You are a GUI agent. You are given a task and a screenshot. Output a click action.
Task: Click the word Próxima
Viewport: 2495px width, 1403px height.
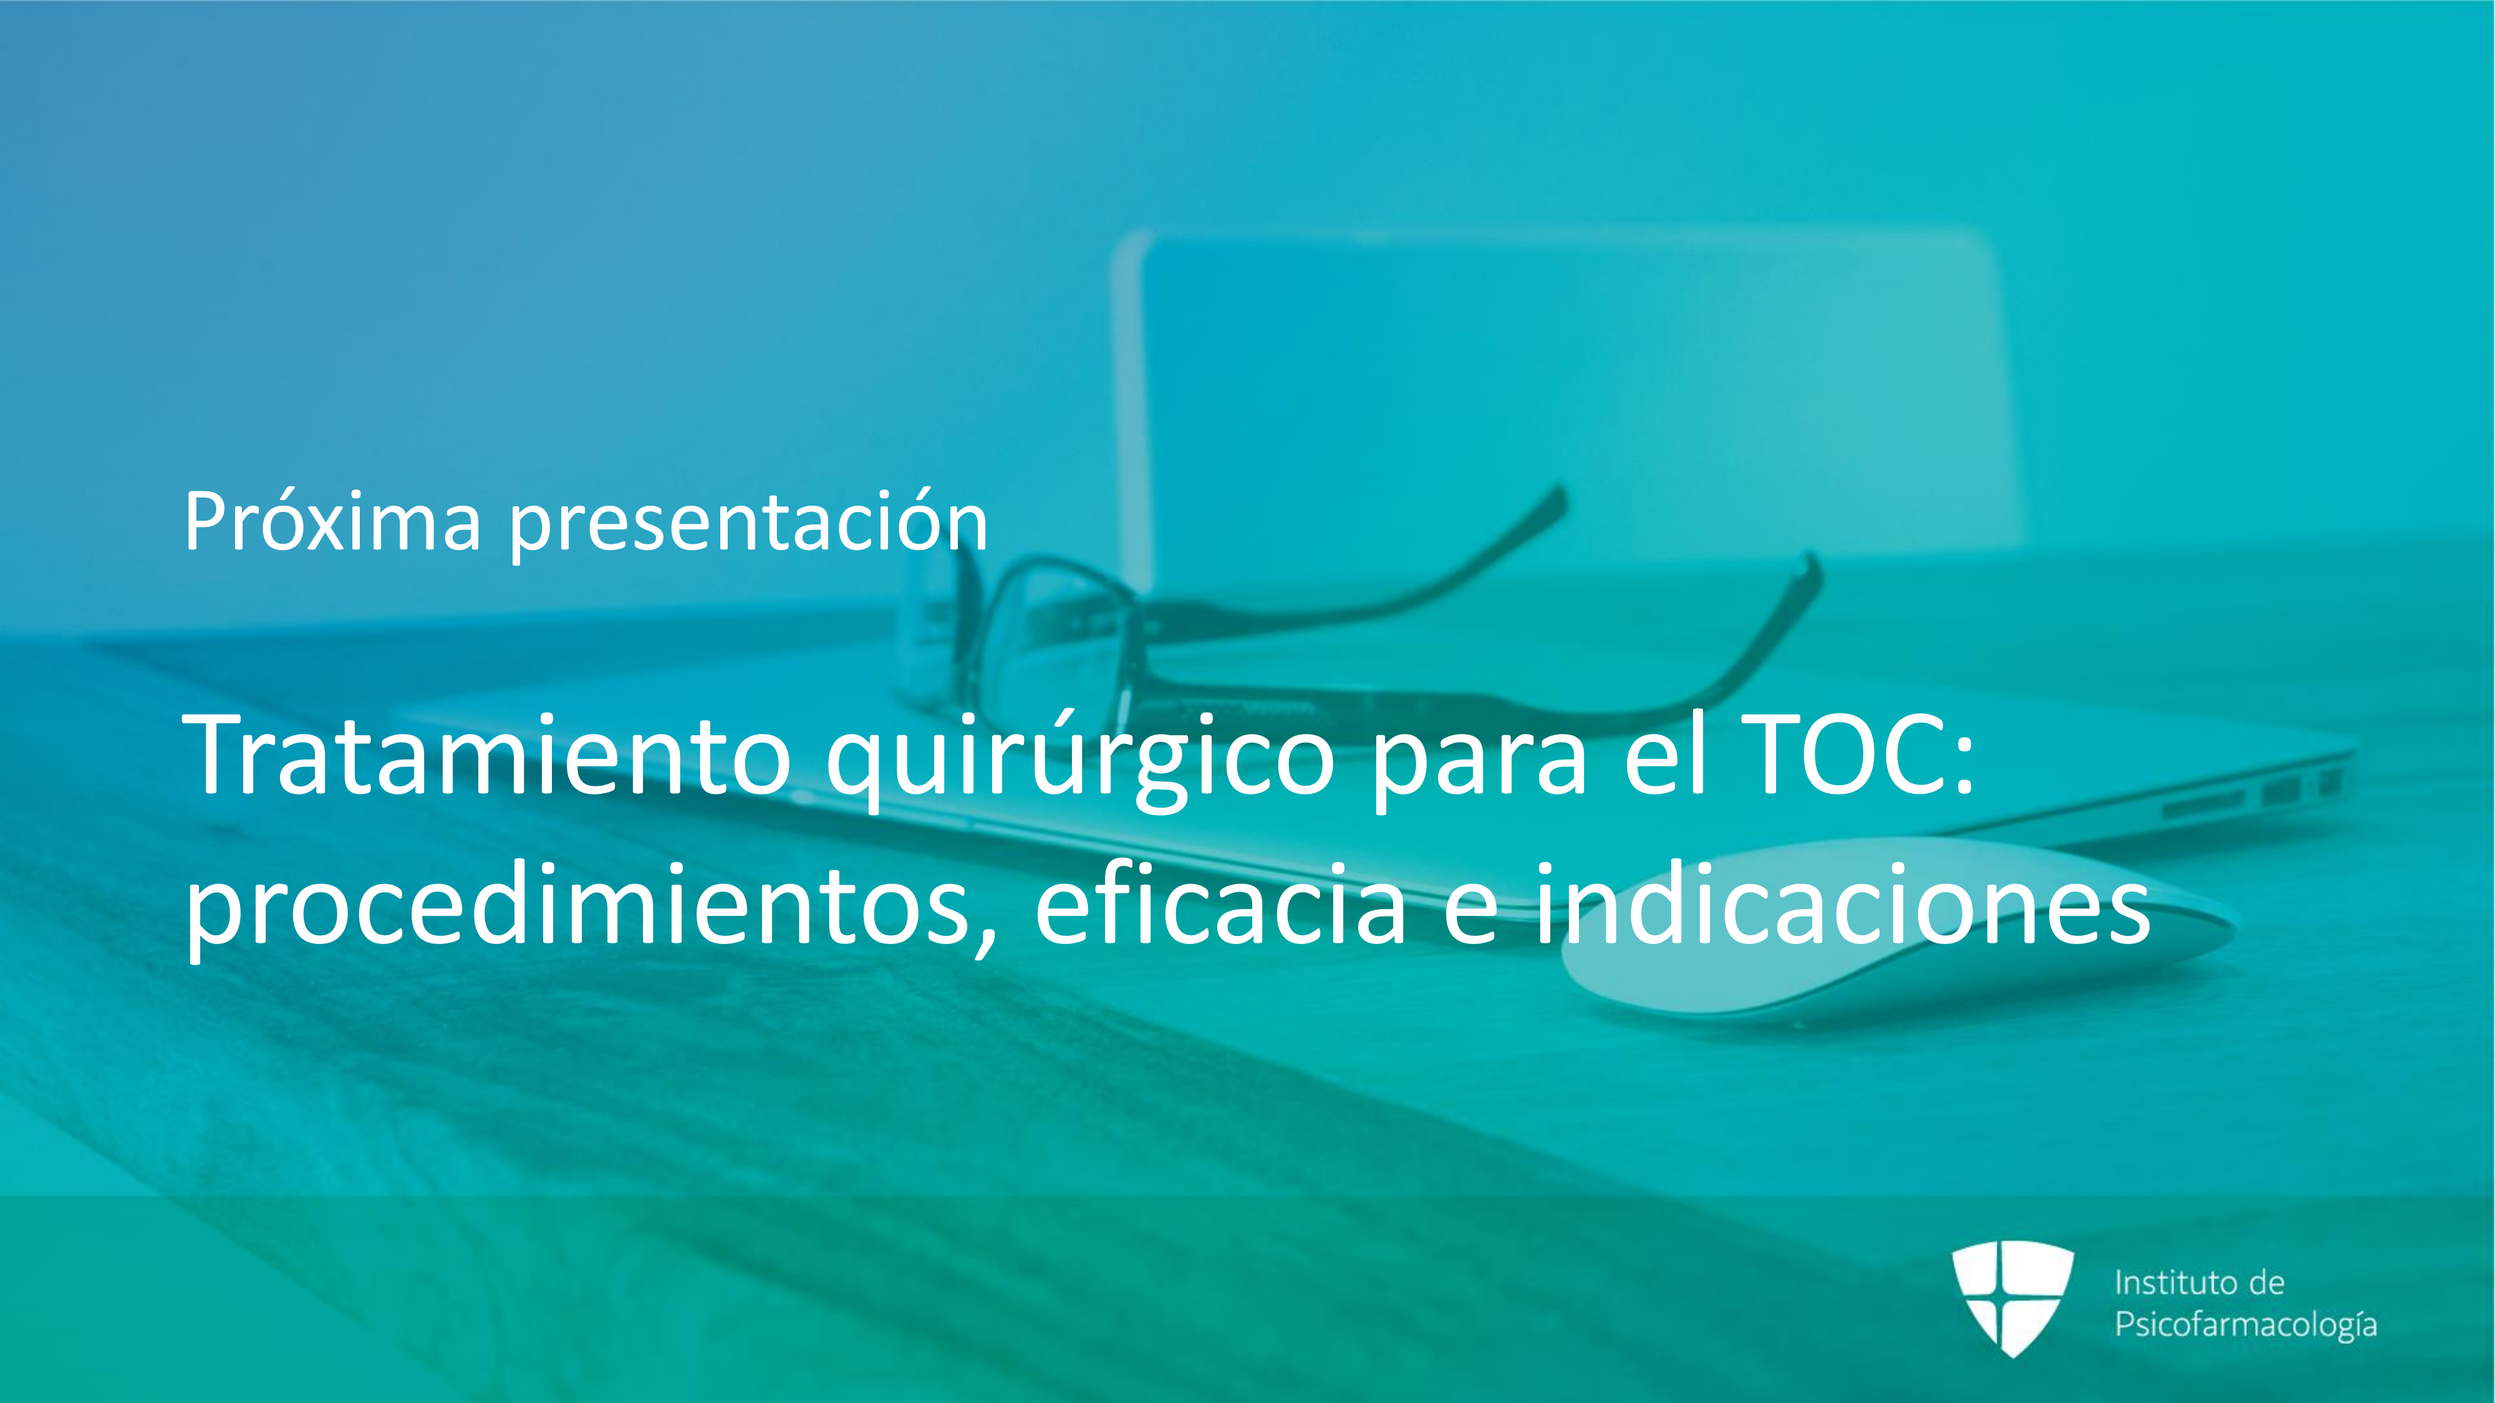pyautogui.click(x=332, y=521)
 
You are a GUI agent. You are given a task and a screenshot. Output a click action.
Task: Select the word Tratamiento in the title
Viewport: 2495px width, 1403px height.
pyautogui.click(x=487, y=755)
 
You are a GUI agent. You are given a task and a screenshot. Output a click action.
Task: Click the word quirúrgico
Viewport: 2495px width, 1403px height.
pyautogui.click(x=1081, y=760)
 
